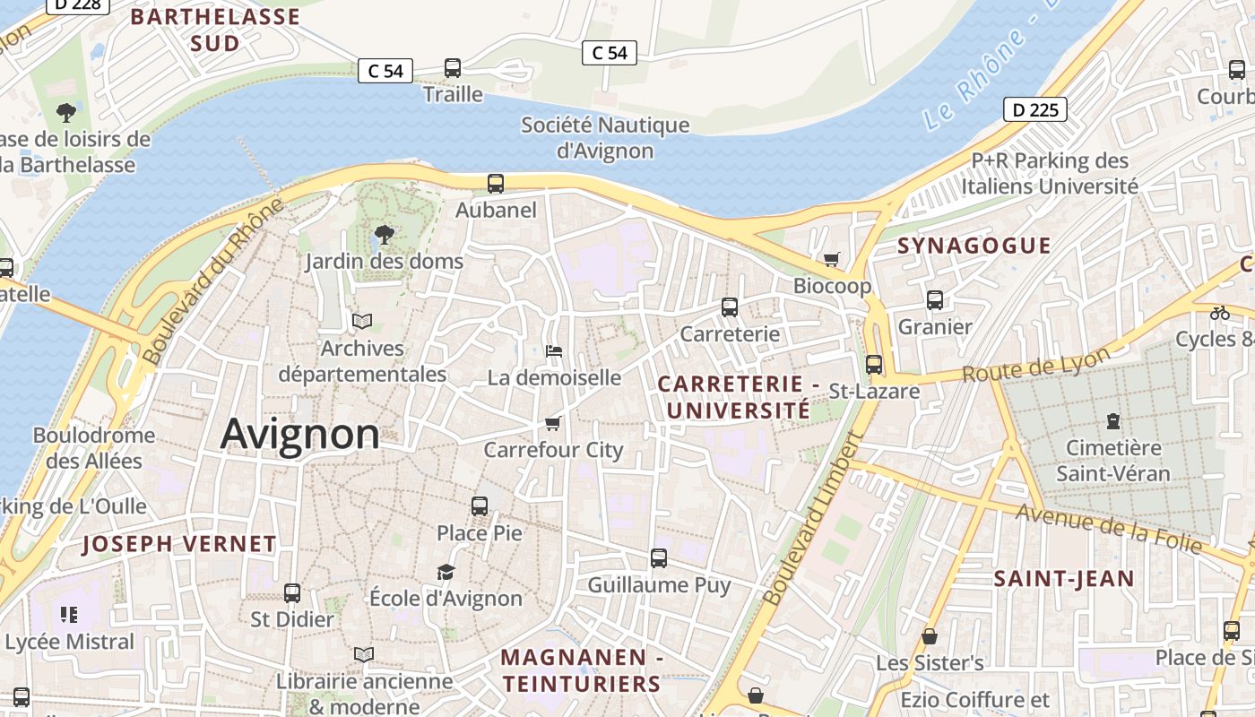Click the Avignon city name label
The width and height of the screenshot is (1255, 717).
299,434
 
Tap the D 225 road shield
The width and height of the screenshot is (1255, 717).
1034,110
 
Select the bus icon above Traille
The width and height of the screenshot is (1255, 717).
453,68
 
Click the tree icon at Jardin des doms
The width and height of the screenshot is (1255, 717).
385,235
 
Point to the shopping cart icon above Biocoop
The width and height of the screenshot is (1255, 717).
832,259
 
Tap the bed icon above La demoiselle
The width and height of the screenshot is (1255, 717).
554,351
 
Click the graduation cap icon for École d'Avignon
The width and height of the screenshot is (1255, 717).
446,572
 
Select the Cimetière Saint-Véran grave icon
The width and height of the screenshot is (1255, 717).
1113,420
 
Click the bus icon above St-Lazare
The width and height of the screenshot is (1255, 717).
874,365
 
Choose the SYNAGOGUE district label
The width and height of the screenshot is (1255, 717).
974,246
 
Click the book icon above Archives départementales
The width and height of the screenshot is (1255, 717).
362,321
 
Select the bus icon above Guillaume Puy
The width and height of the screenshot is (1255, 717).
659,558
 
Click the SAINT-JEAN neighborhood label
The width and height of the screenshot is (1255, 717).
1064,579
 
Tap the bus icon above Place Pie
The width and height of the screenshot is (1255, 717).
480,506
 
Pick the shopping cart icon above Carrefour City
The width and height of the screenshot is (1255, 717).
552,423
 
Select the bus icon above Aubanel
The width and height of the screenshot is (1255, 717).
496,184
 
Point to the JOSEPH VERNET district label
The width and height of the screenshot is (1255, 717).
179,543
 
